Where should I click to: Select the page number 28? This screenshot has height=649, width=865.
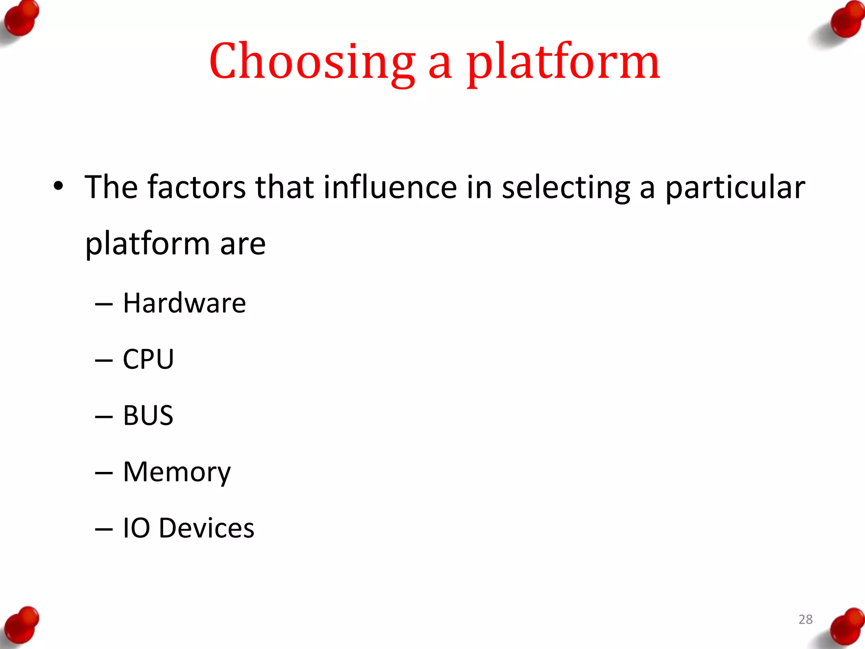tap(805, 619)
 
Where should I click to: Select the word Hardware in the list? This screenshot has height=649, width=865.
tap(184, 303)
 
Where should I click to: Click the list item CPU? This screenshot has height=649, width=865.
tap(148, 359)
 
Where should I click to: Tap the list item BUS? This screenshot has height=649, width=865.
tap(148, 415)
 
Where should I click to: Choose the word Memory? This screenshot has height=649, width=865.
tap(177, 472)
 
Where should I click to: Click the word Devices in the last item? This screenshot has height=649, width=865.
tap(207, 528)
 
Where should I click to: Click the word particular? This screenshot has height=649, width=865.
tap(735, 188)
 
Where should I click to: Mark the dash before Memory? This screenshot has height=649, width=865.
tap(103, 472)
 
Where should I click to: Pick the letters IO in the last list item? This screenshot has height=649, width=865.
tap(136, 528)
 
